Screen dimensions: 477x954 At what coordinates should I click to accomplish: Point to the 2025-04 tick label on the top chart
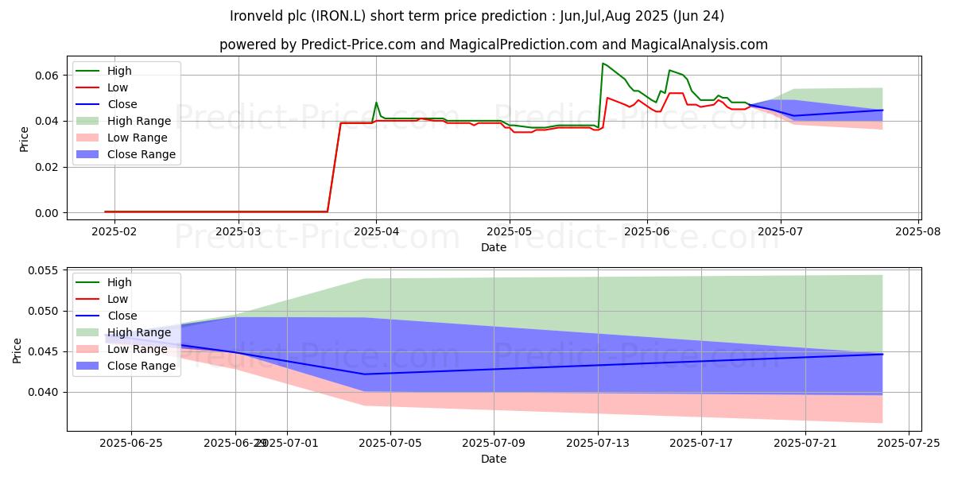tap(376, 231)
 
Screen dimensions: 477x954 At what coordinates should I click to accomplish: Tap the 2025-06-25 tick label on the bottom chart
tap(131, 442)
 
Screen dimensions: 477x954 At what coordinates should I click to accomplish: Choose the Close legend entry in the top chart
tap(122, 104)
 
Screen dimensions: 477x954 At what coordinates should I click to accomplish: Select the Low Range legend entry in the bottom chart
tap(138, 349)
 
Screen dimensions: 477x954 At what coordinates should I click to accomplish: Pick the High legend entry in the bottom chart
tap(119, 282)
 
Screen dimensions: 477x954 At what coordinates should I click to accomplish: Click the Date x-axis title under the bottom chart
tap(493, 459)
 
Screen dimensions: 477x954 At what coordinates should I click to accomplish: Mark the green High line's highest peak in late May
tap(603, 64)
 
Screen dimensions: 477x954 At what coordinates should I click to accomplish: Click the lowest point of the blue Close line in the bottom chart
tap(365, 374)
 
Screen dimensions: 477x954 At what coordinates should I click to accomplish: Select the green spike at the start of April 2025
tap(377, 103)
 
